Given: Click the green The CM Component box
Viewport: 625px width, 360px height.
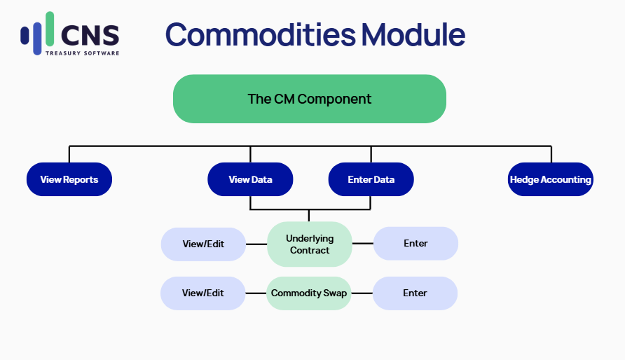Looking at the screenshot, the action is [x=309, y=99].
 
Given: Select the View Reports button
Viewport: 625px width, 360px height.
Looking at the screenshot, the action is [x=69, y=179].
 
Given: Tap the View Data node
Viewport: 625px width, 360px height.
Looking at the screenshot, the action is [x=250, y=179].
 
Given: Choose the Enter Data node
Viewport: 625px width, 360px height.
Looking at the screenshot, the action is [x=371, y=179].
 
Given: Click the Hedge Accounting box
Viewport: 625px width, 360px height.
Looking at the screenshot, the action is [x=551, y=179].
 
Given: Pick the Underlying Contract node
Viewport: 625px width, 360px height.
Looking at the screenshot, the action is [x=310, y=244].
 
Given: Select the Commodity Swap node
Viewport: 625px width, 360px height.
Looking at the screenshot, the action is [x=309, y=293].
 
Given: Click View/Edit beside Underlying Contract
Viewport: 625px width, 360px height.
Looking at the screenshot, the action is [x=203, y=244].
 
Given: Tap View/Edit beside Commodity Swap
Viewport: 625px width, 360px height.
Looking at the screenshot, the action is [x=203, y=293].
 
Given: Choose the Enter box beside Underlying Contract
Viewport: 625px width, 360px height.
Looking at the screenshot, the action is [x=415, y=243].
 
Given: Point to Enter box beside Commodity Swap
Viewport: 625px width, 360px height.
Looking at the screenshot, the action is [x=415, y=293].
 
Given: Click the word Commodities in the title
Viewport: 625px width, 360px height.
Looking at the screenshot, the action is [x=261, y=34].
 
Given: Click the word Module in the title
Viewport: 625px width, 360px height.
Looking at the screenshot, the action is [x=413, y=34].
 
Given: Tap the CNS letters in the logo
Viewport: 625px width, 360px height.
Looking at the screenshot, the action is [x=90, y=35].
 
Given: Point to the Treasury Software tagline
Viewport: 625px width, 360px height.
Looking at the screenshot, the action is [x=82, y=53].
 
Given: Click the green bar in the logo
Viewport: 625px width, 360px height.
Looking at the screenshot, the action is [x=50, y=29].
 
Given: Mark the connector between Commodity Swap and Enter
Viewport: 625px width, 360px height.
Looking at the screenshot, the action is [x=362, y=293].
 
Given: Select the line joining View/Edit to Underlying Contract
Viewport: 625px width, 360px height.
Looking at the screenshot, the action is [x=256, y=244].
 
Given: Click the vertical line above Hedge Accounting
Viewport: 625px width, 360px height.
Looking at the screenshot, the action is [x=551, y=154].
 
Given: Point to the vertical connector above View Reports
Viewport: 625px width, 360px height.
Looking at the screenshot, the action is [x=69, y=154].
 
